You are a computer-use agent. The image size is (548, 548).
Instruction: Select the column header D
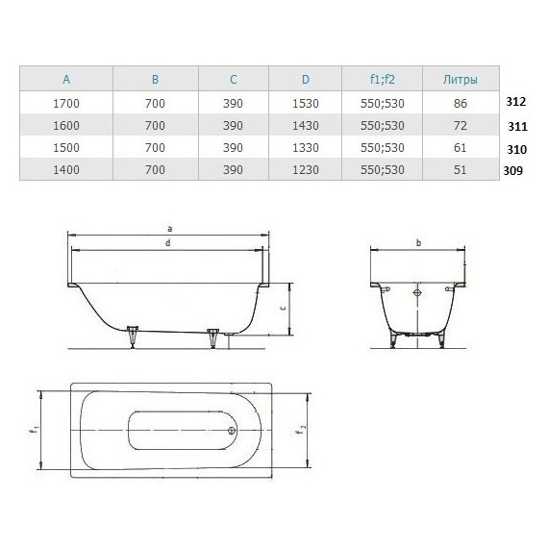tap(305, 79)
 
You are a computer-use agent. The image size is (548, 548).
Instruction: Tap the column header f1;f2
tap(382, 79)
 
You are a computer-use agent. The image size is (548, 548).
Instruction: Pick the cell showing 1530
tap(305, 102)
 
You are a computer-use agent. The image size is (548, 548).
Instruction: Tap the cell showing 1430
tap(305, 125)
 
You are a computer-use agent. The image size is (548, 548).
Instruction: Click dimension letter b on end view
tap(419, 243)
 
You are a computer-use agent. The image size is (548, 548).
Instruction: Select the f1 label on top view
tap(34, 430)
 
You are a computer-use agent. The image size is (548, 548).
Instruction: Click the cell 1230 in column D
tap(305, 169)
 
